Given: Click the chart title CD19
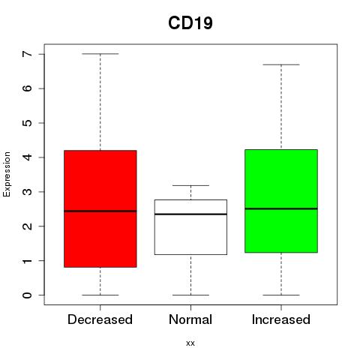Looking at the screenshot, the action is tap(190, 23).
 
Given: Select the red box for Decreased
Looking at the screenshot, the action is tap(100, 208).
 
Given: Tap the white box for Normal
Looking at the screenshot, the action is tap(190, 227).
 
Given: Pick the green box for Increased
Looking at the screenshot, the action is tap(281, 201).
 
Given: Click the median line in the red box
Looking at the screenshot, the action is tap(100, 211).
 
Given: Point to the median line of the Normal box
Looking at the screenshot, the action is tap(190, 214).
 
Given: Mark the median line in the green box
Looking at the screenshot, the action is tap(281, 208).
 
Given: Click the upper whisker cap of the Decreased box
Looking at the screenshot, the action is tap(100, 54).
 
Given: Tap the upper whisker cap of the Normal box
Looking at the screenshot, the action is tap(190, 185).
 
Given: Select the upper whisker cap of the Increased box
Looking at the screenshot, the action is tap(281, 64).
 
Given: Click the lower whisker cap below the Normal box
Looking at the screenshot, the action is tap(190, 295).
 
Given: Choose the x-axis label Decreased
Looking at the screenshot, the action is tap(100, 319).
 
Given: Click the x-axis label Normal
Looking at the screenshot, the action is tap(190, 319).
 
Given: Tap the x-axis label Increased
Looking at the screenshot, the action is tap(281, 319).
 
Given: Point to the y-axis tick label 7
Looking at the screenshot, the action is tap(28, 54).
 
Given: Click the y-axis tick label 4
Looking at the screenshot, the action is tap(28, 157).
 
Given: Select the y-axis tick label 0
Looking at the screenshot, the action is tap(28, 295).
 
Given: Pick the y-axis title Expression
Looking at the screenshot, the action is tap(7, 174).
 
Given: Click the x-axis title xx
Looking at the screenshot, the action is tap(190, 343).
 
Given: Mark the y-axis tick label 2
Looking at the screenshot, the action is tap(28, 226).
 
